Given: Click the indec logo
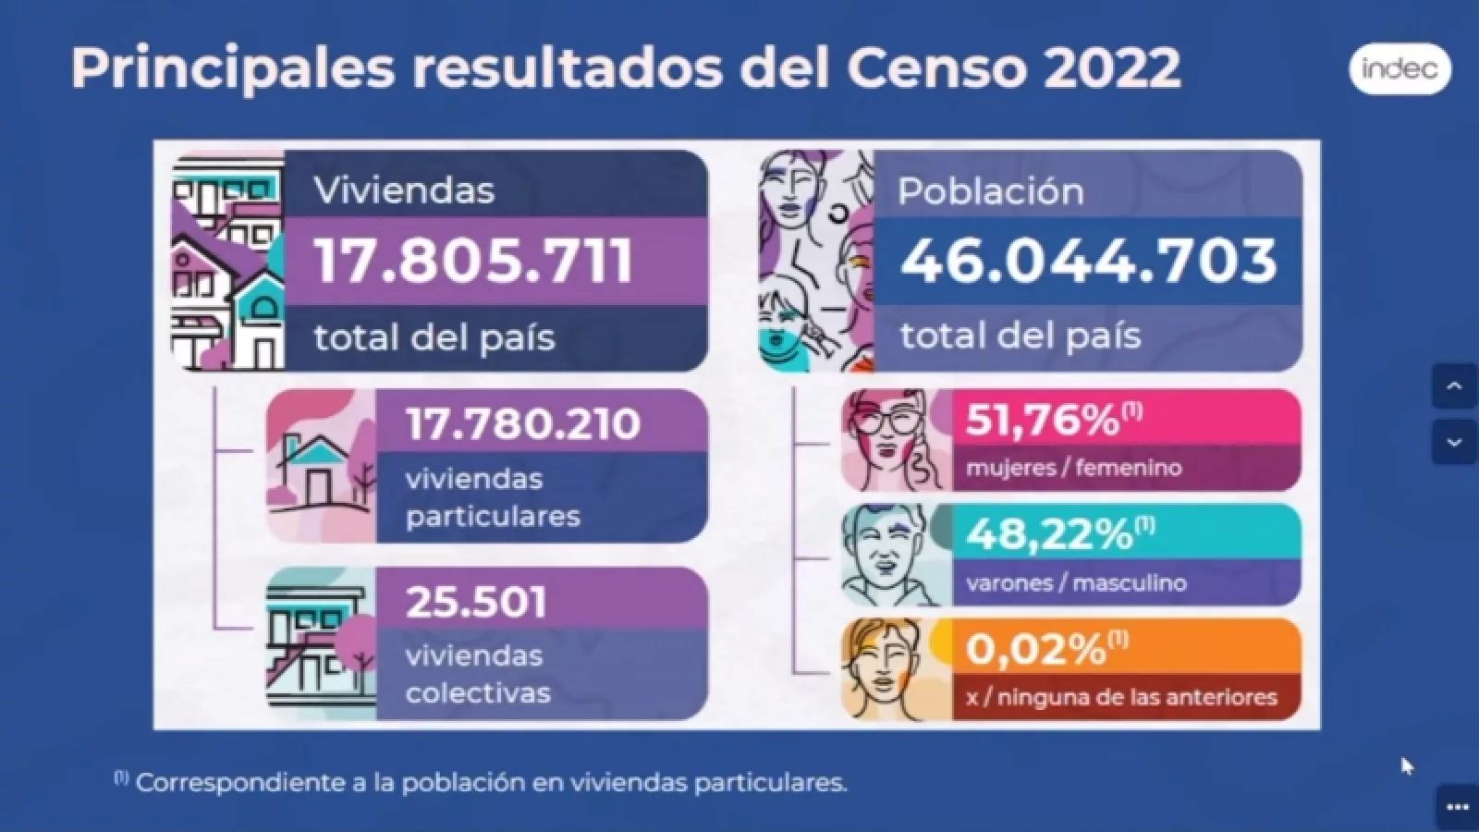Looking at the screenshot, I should coord(1400,69).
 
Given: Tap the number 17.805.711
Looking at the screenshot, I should coord(474,261).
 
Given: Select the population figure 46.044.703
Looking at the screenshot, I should coord(1088,261).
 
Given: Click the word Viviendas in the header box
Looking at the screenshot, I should coord(404,190).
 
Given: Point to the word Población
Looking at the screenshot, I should coord(990,191).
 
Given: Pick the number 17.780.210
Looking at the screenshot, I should coord(523,423).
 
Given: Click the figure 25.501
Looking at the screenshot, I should coord(477,602).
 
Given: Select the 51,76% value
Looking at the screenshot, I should coord(1043,421).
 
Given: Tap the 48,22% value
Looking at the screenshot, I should coord(1049,534).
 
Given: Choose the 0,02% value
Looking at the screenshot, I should coord(1036,649).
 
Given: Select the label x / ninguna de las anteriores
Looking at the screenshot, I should coord(1121,697).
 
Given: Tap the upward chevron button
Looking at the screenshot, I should coord(1453,386).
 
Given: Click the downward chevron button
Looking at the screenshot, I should coord(1453,442).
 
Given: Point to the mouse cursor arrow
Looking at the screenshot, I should coord(1406,765).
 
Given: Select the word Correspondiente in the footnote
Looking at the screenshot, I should coord(232,783).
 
